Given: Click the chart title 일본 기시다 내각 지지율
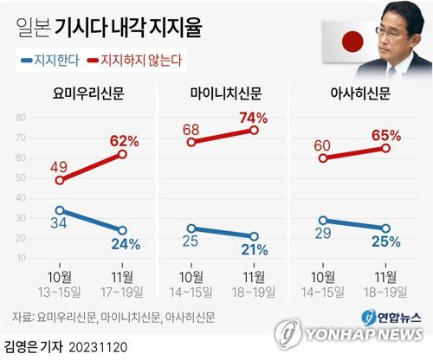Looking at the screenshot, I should click(108, 29).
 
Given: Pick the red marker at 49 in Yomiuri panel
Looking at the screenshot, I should click(59, 181).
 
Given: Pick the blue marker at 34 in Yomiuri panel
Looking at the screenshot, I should click(59, 210).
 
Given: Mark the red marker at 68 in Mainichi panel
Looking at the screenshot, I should click(191, 142).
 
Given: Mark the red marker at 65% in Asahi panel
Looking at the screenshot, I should click(385, 148).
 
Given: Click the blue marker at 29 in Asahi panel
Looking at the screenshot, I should click(322, 221).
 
